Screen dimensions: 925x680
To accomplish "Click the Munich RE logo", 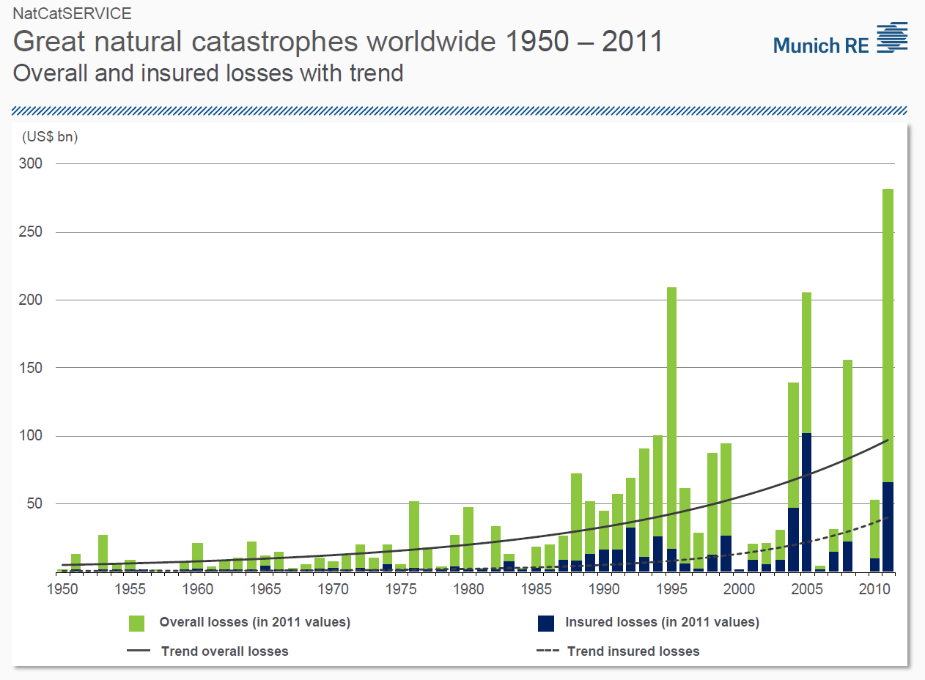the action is [x=840, y=38].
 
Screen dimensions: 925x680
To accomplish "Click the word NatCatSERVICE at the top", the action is [x=73, y=13].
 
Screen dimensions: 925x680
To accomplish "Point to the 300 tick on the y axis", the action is [x=30, y=163].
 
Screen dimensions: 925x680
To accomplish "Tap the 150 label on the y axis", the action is [x=30, y=367].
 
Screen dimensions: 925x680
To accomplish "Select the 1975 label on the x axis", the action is [x=400, y=588].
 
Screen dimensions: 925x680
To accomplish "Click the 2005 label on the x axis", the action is [x=806, y=588].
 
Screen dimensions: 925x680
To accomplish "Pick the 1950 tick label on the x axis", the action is [x=62, y=588].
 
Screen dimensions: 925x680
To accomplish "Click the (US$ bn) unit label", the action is [x=50, y=137].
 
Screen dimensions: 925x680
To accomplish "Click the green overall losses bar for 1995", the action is [x=672, y=418].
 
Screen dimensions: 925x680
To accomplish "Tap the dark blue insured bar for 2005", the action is [x=806, y=502].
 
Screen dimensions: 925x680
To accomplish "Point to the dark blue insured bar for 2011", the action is [x=888, y=527].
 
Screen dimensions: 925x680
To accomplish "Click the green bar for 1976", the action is [x=414, y=535].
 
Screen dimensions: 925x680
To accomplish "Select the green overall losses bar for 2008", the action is [x=847, y=451].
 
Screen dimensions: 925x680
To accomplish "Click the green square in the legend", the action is [x=136, y=623].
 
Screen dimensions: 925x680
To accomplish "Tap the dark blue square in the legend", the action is [x=545, y=623].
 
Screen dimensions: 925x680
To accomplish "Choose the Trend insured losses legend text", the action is [x=633, y=651].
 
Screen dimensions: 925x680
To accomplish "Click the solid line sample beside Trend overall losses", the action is [x=139, y=651].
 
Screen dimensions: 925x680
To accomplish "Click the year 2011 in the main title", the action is [x=633, y=41].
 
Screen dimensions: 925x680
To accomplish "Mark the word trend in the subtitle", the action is [x=376, y=73].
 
